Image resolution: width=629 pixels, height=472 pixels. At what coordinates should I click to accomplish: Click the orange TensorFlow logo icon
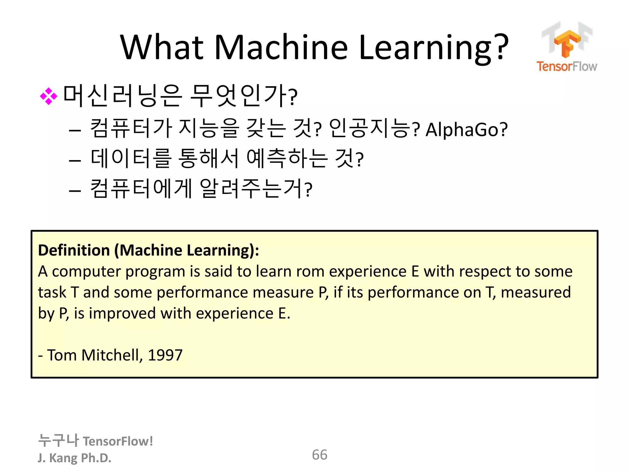click(567, 43)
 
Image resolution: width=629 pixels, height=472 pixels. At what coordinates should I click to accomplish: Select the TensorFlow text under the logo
click(567, 66)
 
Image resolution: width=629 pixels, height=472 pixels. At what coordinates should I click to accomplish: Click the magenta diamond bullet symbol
click(49, 96)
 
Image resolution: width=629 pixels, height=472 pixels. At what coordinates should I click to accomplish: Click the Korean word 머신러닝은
click(123, 96)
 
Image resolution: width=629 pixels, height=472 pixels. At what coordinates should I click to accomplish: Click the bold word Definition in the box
click(74, 250)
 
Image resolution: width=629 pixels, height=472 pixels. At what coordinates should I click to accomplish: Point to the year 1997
click(165, 355)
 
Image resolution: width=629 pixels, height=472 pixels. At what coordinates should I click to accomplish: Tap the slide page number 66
click(319, 455)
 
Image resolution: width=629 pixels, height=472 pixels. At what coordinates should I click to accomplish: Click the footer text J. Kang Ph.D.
click(74, 458)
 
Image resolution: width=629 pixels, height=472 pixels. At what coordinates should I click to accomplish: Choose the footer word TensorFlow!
click(118, 441)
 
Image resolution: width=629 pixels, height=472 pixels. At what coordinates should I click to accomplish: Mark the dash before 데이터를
click(75, 160)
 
